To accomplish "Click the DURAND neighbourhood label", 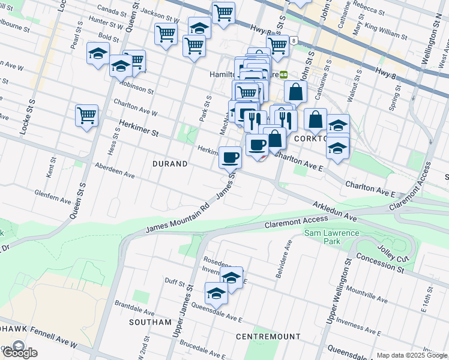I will pyautogui.click(x=170, y=163).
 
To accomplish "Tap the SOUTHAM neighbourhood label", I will pyautogui.click(x=150, y=322).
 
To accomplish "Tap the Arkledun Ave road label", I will pyautogui.click(x=335, y=211).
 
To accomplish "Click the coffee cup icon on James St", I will pyautogui.click(x=230, y=157).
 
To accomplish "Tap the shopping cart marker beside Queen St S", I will pyautogui.click(x=87, y=115).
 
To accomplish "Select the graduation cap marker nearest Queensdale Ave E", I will pyautogui.click(x=217, y=293).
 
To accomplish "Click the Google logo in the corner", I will pyautogui.click(x=19, y=352).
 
